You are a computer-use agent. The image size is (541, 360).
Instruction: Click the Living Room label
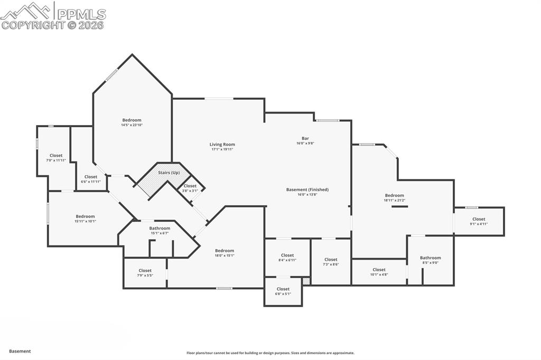click(x=222, y=145)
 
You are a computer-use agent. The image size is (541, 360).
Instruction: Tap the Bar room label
click(x=305, y=138)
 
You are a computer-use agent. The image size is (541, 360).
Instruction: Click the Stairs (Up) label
click(x=169, y=173)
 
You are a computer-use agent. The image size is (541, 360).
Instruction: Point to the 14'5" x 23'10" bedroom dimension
click(x=132, y=125)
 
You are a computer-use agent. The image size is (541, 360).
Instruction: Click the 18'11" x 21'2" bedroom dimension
click(x=394, y=200)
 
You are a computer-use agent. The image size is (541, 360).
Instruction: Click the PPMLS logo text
click(x=80, y=14)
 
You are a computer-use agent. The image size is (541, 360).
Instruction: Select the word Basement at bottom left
click(x=20, y=351)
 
